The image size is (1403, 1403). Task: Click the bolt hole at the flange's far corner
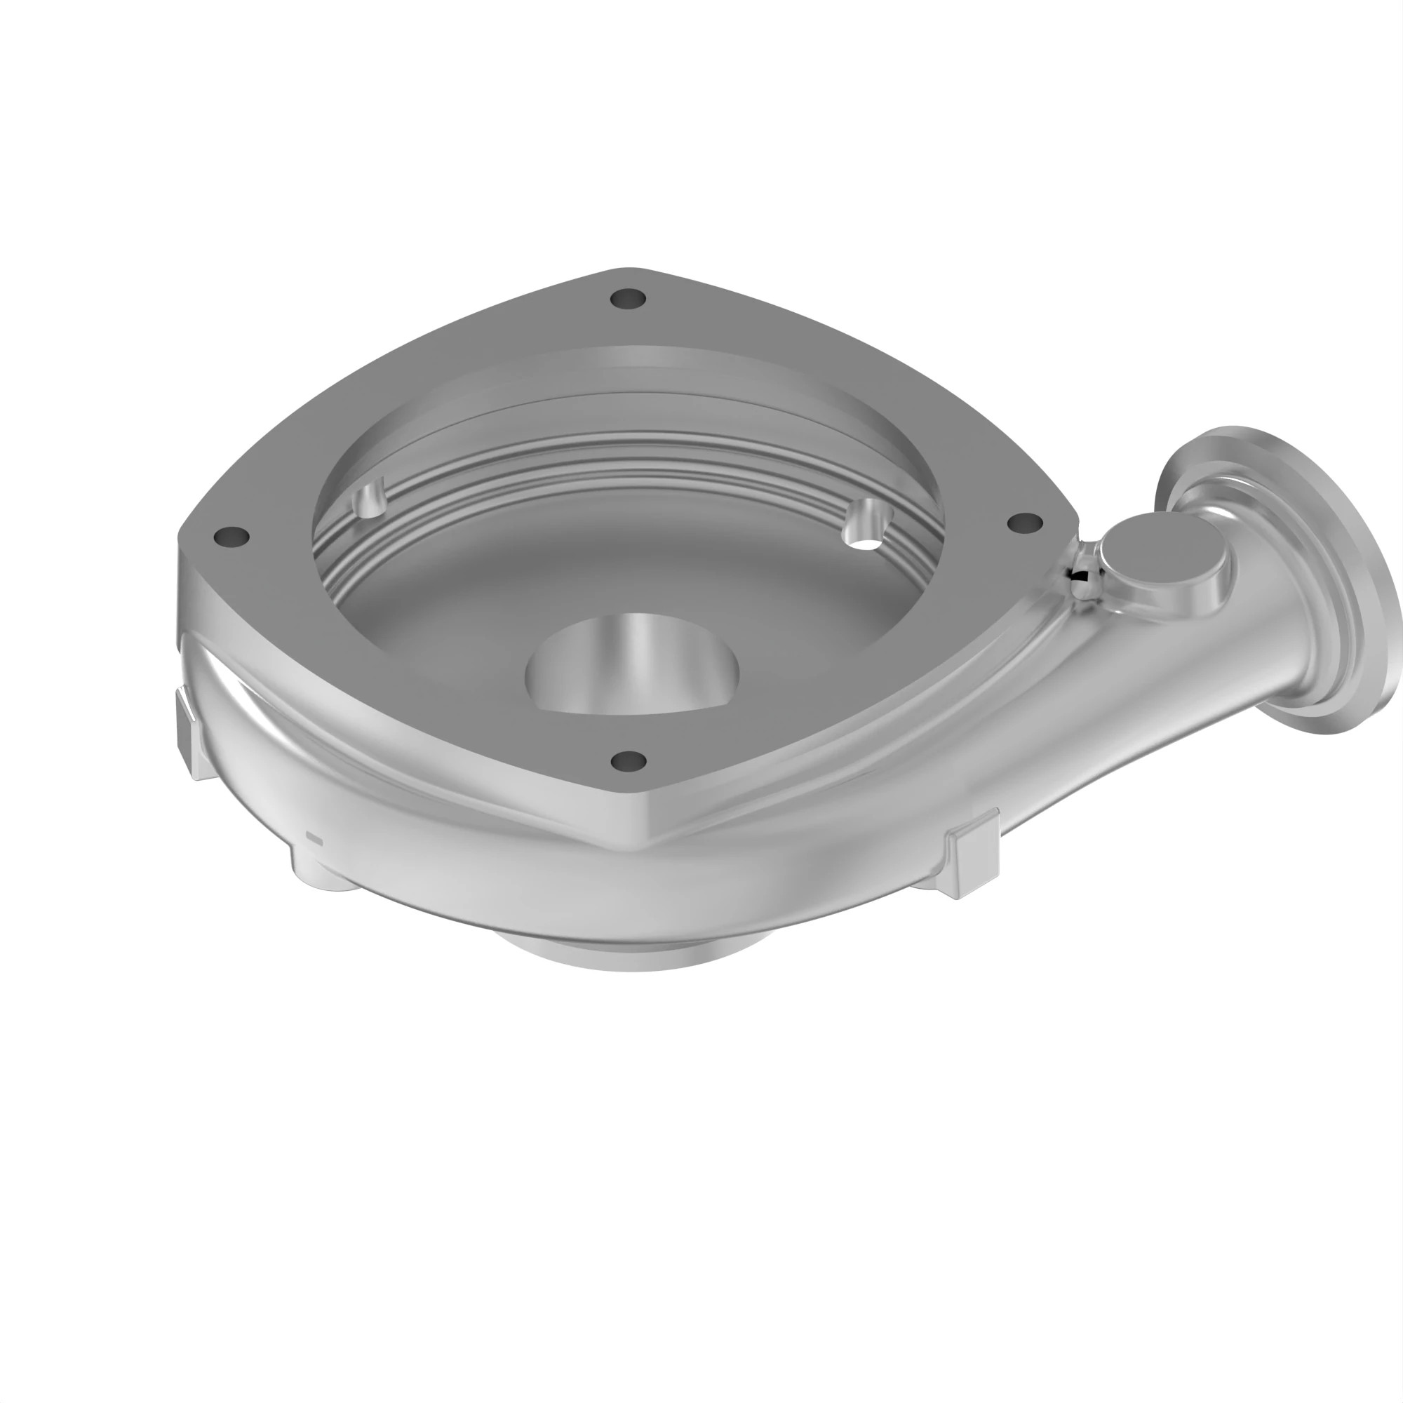(628, 298)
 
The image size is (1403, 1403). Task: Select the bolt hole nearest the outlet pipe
(1025, 522)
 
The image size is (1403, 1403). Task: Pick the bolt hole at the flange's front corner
(628, 760)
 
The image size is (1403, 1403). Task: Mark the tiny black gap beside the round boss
(1082, 576)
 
